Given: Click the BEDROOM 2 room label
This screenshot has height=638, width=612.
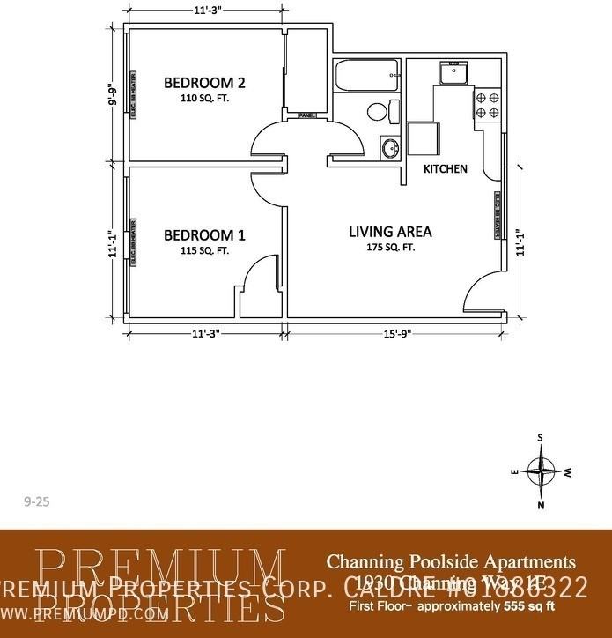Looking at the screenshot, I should click(x=204, y=83).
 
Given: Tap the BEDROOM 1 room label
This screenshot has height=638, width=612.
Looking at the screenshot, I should click(x=204, y=235).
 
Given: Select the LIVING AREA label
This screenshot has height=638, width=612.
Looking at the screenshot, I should click(x=390, y=232).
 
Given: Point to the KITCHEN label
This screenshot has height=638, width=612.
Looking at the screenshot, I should click(x=446, y=168).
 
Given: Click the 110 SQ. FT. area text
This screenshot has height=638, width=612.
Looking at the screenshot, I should click(x=204, y=99).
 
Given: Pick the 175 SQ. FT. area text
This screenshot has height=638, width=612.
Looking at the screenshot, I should click(x=390, y=248).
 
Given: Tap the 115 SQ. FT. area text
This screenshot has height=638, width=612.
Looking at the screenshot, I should click(x=204, y=250).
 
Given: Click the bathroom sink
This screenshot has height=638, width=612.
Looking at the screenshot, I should click(x=388, y=147).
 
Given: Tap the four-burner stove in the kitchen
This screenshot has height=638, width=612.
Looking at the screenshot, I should click(x=487, y=105).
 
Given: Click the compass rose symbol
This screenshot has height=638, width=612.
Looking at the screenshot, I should click(x=541, y=471).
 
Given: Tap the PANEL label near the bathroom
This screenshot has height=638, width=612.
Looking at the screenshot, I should click(x=307, y=115).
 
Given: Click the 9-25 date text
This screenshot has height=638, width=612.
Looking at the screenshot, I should click(x=36, y=501).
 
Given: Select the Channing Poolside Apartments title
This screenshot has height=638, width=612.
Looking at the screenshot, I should click(x=451, y=561).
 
